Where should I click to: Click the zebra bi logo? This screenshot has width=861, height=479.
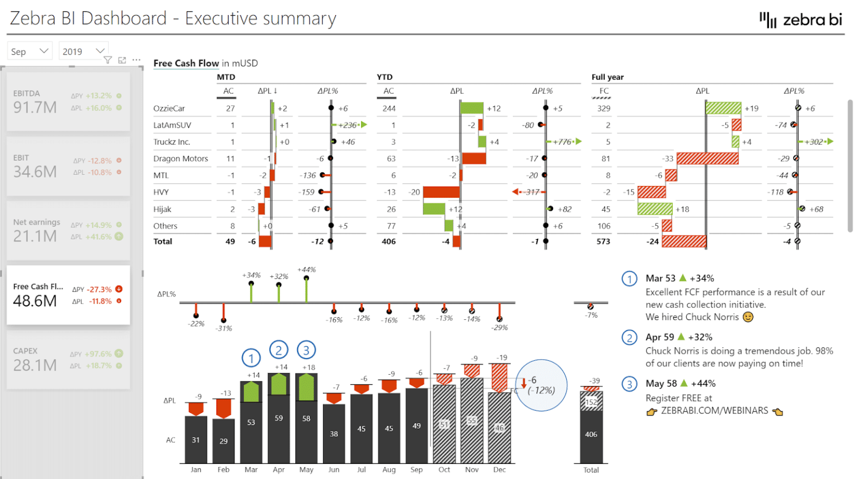click(800, 20)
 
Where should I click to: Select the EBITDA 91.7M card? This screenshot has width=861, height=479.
click(68, 101)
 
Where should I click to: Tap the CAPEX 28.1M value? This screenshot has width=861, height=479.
click(35, 365)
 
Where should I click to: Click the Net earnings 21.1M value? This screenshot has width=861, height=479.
click(35, 236)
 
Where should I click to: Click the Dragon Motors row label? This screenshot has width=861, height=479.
click(180, 159)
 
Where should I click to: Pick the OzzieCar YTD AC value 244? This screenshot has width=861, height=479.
click(388, 109)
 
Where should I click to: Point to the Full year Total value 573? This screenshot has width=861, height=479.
click(603, 241)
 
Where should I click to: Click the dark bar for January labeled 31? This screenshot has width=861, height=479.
click(196, 440)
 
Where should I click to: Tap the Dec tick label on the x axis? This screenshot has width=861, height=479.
click(499, 470)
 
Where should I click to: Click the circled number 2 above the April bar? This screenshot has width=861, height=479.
click(279, 350)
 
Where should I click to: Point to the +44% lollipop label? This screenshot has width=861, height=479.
click(307, 269)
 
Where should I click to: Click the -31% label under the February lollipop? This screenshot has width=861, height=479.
click(224, 328)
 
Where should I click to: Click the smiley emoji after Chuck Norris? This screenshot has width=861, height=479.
click(748, 317)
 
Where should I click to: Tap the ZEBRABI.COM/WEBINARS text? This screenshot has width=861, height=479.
click(714, 411)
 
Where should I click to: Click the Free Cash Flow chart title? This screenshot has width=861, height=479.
click(186, 63)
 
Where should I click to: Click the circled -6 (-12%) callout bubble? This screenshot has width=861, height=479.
click(541, 385)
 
